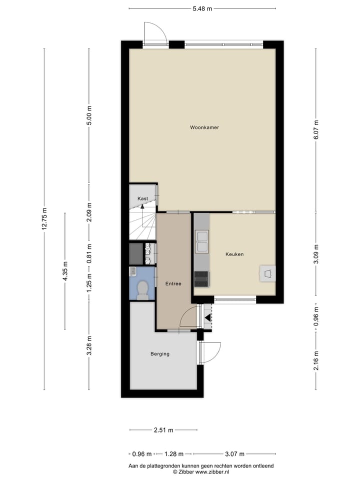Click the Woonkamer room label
click(204, 127)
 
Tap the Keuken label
click(234, 254)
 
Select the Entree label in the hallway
click(173, 284)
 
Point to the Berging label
click(160, 354)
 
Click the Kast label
click(142, 199)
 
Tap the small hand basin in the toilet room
click(133, 271)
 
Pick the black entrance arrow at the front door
click(207, 316)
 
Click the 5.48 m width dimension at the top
click(202, 8)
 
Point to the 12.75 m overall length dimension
click(44, 218)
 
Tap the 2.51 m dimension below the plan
click(163, 430)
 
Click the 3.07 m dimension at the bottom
click(234, 454)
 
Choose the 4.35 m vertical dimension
click(65, 271)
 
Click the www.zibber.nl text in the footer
click(212, 471)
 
